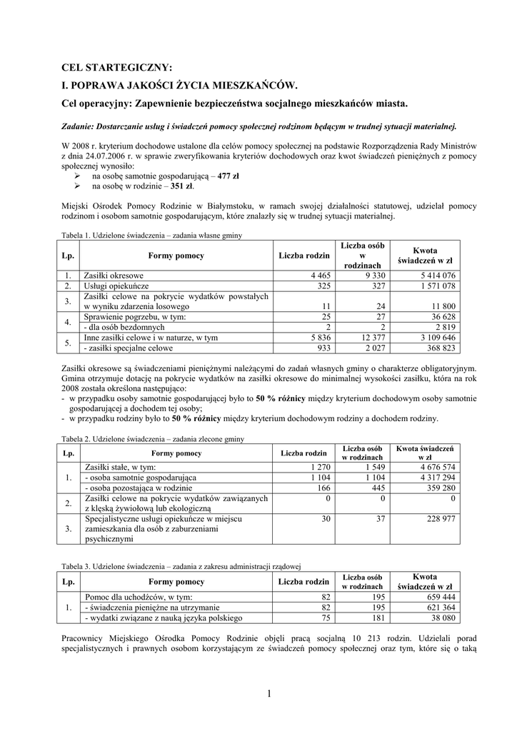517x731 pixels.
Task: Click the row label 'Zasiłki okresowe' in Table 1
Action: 114,276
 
